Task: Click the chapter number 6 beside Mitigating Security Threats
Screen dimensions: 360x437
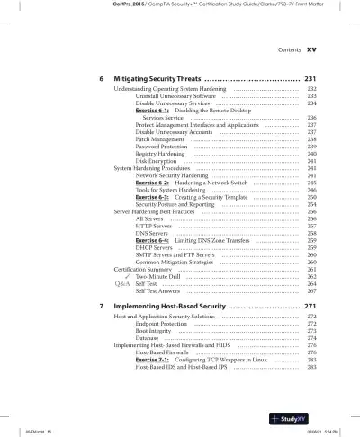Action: [101, 79]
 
